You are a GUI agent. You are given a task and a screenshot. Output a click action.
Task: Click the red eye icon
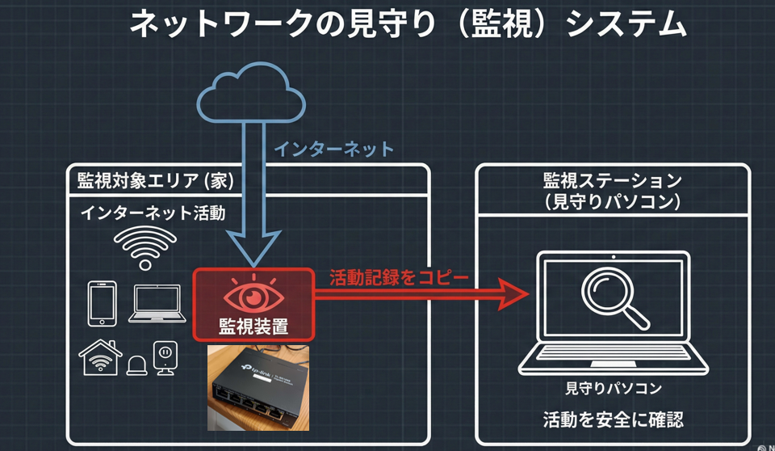(253, 296)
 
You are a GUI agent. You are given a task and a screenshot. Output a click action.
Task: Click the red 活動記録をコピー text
(399, 277)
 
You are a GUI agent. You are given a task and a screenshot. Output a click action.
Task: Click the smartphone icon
(101, 301)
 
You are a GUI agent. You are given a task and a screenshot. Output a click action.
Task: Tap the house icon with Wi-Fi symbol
(100, 357)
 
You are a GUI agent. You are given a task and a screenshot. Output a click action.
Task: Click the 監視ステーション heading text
(613, 179)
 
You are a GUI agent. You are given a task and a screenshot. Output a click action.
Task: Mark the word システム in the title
(626, 24)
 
